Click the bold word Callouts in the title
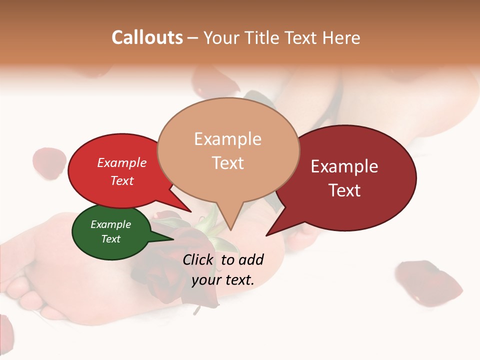[x=147, y=37]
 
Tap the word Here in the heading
[x=340, y=37]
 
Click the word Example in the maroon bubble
[x=344, y=166]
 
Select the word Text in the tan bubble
[x=227, y=163]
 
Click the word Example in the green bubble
[x=110, y=224]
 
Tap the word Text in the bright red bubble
[x=122, y=180]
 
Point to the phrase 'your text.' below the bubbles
[x=223, y=280]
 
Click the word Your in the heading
[x=221, y=37]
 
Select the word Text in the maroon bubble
[x=344, y=190]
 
